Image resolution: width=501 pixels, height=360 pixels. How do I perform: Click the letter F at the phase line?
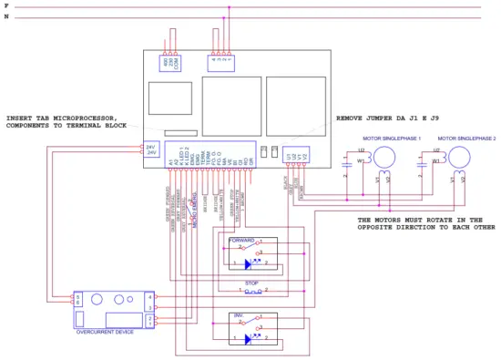pyautogui.click(x=6, y=5)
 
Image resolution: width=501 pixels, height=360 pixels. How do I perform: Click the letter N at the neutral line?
pyautogui.click(x=6, y=16)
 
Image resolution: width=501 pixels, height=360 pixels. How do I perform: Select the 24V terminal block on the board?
pyautogui.click(x=151, y=149)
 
